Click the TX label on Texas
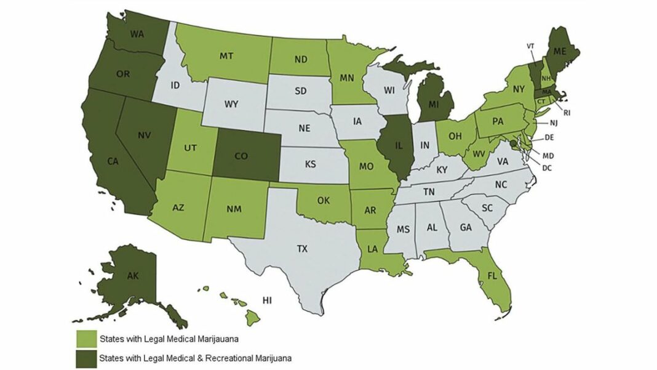302,249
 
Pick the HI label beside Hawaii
267,301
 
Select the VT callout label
530,46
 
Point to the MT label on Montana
225,55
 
